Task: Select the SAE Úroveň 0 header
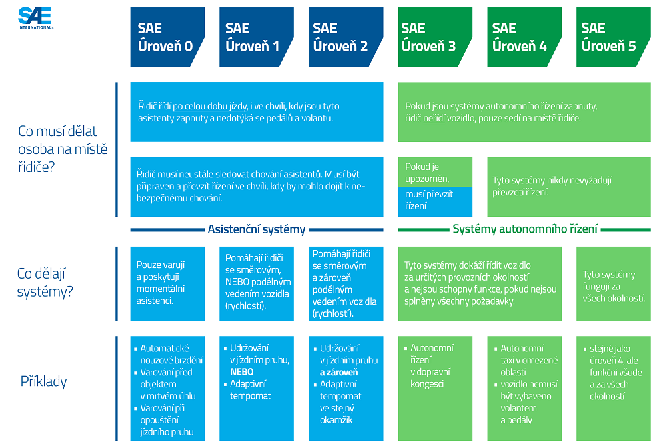(x=165, y=37)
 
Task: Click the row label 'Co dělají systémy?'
(x=44, y=283)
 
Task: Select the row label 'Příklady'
(x=44, y=382)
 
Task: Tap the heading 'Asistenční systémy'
(x=257, y=229)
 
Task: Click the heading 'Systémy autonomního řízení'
(x=525, y=229)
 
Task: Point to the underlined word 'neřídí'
(x=434, y=118)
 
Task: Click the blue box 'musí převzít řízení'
(x=435, y=201)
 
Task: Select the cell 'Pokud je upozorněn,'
(x=435, y=173)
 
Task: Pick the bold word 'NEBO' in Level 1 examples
(x=242, y=372)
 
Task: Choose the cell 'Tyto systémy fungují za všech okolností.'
(x=614, y=286)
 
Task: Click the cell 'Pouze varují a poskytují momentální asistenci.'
(x=167, y=283)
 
